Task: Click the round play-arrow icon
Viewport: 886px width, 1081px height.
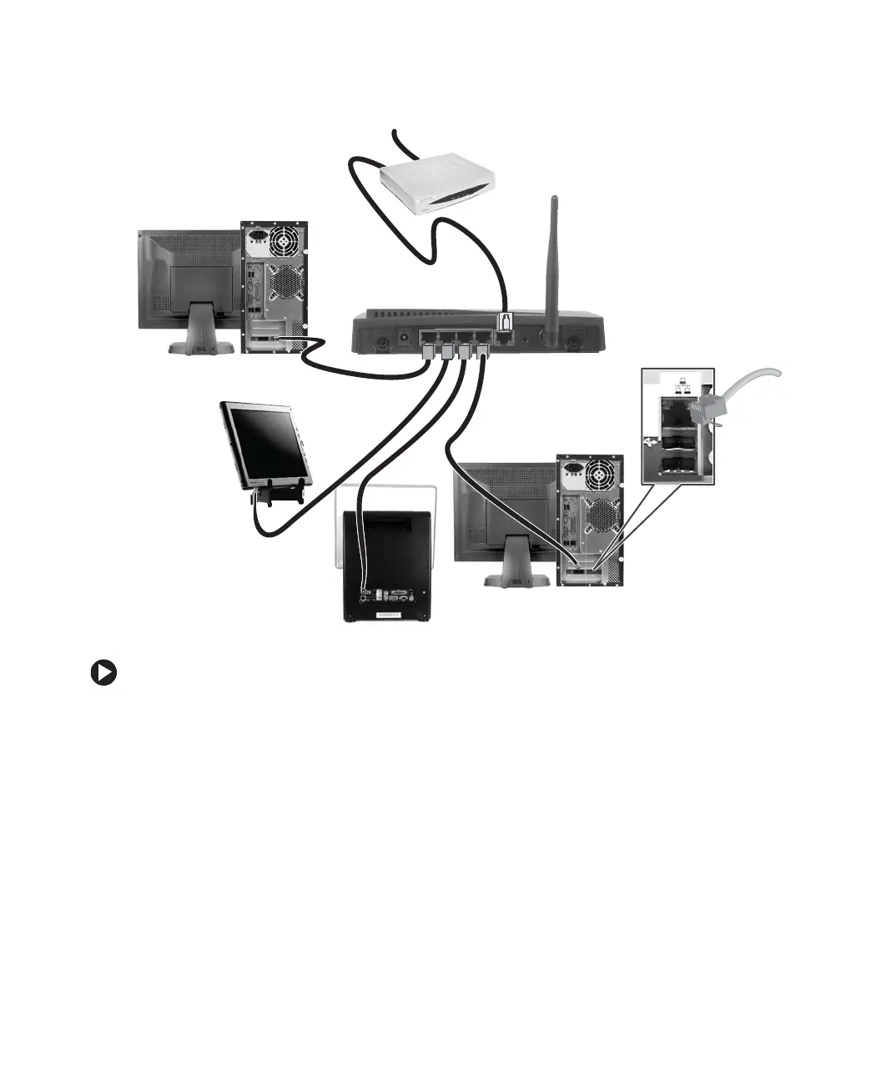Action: coord(103,673)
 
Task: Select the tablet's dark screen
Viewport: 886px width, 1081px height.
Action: coord(265,445)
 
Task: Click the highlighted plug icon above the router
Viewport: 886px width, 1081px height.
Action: coord(505,324)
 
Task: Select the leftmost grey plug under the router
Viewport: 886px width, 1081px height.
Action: coord(428,353)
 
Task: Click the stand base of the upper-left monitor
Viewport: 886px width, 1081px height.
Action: coord(200,345)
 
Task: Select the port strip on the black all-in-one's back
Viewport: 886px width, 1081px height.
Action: coord(390,596)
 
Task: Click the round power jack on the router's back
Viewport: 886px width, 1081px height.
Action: coord(405,338)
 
